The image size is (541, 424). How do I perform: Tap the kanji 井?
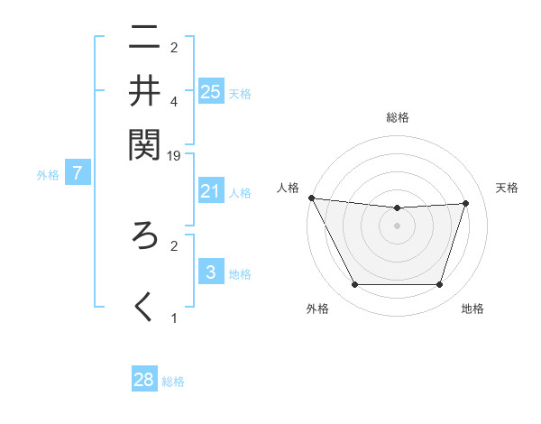(x=144, y=90)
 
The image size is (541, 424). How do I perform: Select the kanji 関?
(x=144, y=143)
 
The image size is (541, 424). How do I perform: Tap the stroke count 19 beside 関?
(x=174, y=155)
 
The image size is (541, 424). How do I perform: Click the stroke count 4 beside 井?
(x=174, y=102)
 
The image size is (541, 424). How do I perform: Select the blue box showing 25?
(x=211, y=91)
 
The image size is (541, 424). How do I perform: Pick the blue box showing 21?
(x=211, y=190)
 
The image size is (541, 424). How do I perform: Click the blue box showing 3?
(x=211, y=272)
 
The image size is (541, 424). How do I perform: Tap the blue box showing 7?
(x=78, y=173)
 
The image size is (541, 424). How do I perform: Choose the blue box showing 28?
(x=144, y=380)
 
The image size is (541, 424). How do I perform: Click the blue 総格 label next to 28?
(x=173, y=382)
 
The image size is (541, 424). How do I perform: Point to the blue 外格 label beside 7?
(x=48, y=175)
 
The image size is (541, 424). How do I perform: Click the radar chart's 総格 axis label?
(x=398, y=117)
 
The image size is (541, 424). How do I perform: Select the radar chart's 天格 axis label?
(x=507, y=188)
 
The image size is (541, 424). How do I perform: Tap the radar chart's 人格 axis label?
(x=288, y=188)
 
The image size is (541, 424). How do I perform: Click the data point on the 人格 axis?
(x=312, y=198)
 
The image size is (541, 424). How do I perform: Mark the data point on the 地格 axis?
(x=440, y=285)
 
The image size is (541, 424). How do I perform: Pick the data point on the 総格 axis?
(x=398, y=208)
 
